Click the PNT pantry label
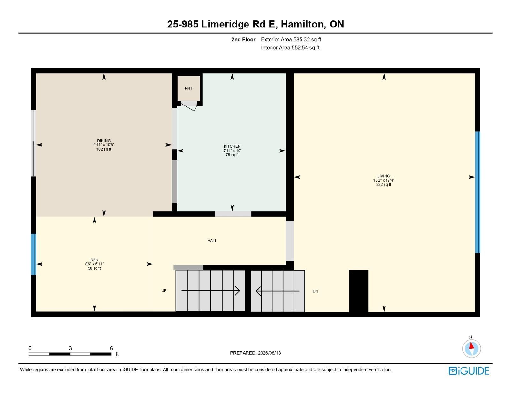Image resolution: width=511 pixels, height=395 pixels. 188,88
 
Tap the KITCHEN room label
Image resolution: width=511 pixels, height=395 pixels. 232,146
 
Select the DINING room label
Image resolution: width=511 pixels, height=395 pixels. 104,141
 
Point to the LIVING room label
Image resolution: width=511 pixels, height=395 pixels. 383,176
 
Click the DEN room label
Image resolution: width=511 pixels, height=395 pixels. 94,260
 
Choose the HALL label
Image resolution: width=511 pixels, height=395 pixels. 212,240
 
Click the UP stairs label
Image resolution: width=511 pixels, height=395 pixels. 164,290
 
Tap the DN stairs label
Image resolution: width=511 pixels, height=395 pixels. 315,291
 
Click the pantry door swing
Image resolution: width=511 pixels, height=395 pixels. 189,107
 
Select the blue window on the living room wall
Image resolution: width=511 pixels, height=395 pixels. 477,192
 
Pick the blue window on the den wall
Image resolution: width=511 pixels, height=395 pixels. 34,254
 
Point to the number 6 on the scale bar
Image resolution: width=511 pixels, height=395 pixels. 111,348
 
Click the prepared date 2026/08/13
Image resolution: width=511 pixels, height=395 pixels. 269,353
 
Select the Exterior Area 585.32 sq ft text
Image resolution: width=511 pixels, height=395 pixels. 291,40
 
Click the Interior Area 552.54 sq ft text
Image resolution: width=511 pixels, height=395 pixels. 290,48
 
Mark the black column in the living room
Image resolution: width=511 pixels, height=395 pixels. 358,291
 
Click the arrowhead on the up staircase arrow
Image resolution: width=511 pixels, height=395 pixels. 238,291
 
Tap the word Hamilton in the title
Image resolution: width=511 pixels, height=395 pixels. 303,24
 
